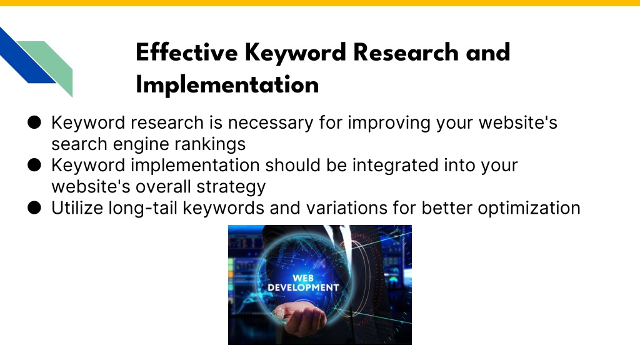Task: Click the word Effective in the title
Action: point(186,52)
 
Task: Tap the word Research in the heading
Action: point(406,52)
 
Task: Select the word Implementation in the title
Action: point(227,85)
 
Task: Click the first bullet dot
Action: point(34,122)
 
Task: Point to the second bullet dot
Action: point(34,165)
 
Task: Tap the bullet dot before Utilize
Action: point(34,207)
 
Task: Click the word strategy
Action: point(231,187)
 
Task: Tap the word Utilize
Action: point(77,207)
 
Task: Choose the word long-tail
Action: point(143,207)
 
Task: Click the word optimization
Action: point(529,208)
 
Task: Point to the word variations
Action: point(346,207)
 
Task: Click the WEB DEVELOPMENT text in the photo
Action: point(303,283)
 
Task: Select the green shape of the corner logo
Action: point(52,64)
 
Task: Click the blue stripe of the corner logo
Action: point(24,57)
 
